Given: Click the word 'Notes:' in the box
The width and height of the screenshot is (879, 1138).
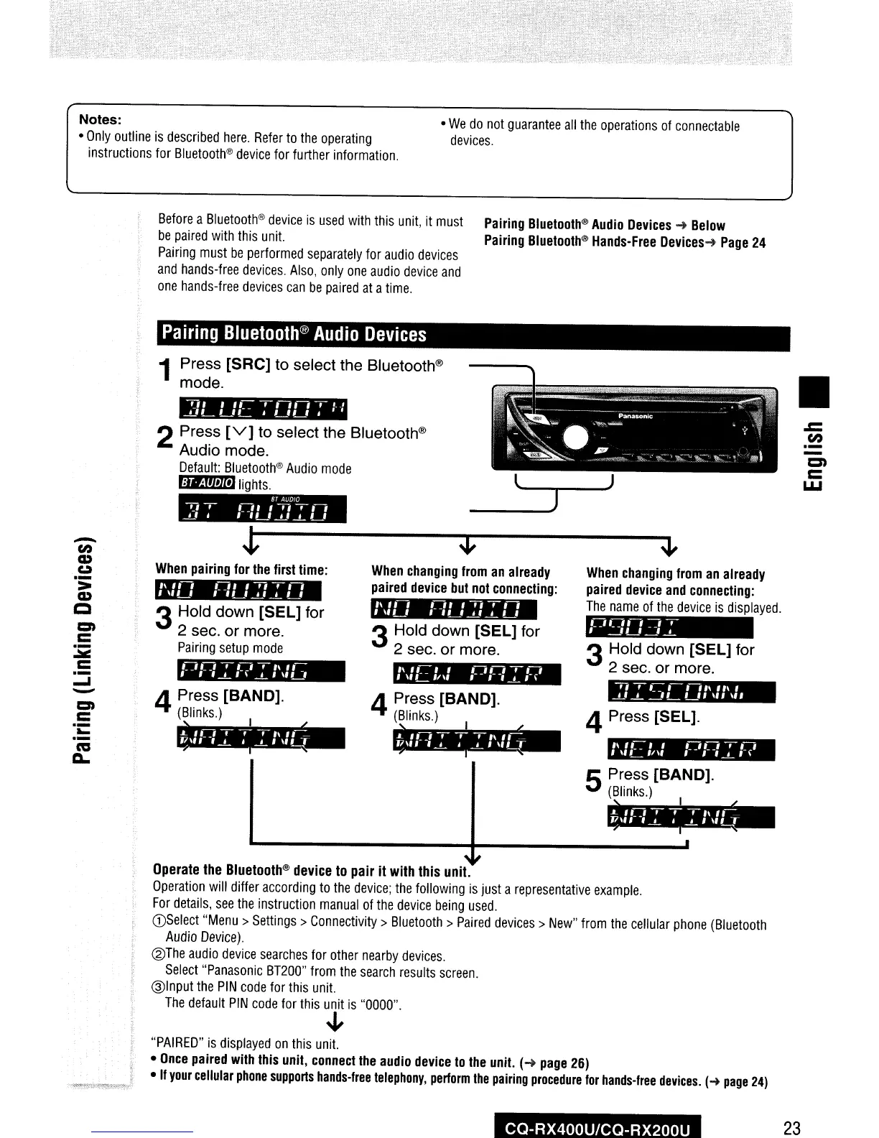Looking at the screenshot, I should [x=100, y=119].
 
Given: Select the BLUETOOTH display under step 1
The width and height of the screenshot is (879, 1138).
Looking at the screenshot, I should [x=263, y=408].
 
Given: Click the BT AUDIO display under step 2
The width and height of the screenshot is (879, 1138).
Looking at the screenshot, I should [x=263, y=511].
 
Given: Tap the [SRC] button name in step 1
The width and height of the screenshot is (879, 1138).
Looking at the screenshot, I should [x=248, y=365].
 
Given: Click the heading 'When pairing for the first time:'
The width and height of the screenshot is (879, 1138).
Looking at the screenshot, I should [x=241, y=570].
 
